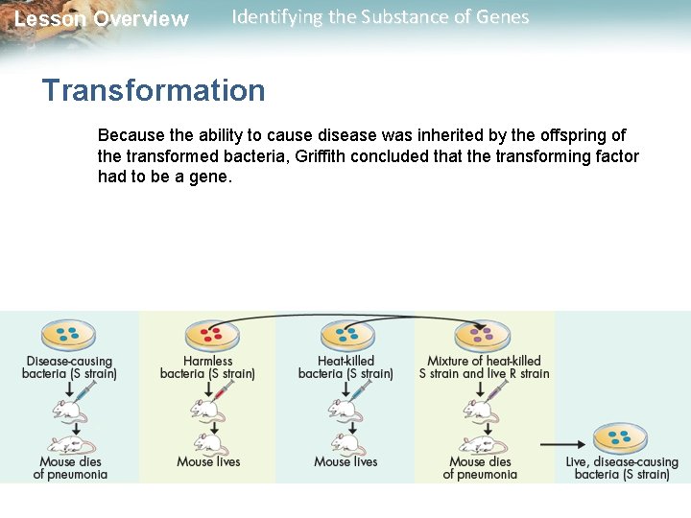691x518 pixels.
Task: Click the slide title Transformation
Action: (x=154, y=91)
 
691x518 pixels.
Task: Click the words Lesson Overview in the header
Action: (x=102, y=19)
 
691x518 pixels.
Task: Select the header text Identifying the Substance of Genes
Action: (x=380, y=17)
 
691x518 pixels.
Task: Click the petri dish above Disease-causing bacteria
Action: (x=68, y=335)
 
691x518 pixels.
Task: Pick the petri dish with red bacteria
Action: (x=209, y=335)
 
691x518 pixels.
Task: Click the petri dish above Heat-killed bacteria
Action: (x=346, y=335)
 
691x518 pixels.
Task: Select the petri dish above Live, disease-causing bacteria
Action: (x=620, y=439)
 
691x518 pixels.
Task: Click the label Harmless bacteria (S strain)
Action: (x=207, y=367)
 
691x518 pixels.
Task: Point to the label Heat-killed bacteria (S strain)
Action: (x=345, y=367)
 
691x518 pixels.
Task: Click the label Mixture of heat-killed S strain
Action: (x=484, y=367)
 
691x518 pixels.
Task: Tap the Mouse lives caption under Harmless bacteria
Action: (x=208, y=461)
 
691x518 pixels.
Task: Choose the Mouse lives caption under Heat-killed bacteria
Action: (x=345, y=461)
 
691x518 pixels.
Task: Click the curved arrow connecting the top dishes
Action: (x=345, y=317)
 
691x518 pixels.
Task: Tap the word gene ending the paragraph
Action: (x=213, y=177)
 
